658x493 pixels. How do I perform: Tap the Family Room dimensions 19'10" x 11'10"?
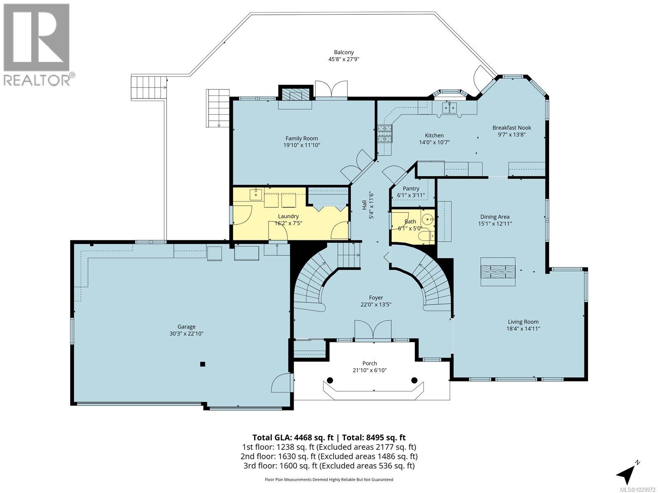coord(302,145)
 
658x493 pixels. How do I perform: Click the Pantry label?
coord(411,189)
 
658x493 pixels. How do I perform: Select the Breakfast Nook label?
coord(512,128)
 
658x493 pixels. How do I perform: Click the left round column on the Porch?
coord(329,380)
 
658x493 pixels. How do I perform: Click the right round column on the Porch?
coord(414,380)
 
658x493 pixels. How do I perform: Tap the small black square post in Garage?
coord(202,364)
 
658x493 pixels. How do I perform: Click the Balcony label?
coord(344,52)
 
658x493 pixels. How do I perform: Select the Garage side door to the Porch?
coord(283,383)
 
